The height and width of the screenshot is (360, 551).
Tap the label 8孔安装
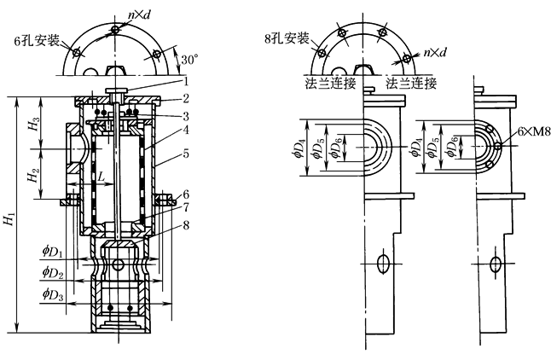tap(288, 39)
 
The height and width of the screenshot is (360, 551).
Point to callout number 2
tap(183, 99)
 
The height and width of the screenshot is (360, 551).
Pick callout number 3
tap(183, 114)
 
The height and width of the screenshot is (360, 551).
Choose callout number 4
tap(183, 131)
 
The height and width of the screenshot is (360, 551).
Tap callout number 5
tap(183, 155)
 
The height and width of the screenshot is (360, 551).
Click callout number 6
tap(185, 195)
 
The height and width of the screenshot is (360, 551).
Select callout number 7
tap(185, 209)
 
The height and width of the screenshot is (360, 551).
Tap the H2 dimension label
tap(32, 178)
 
